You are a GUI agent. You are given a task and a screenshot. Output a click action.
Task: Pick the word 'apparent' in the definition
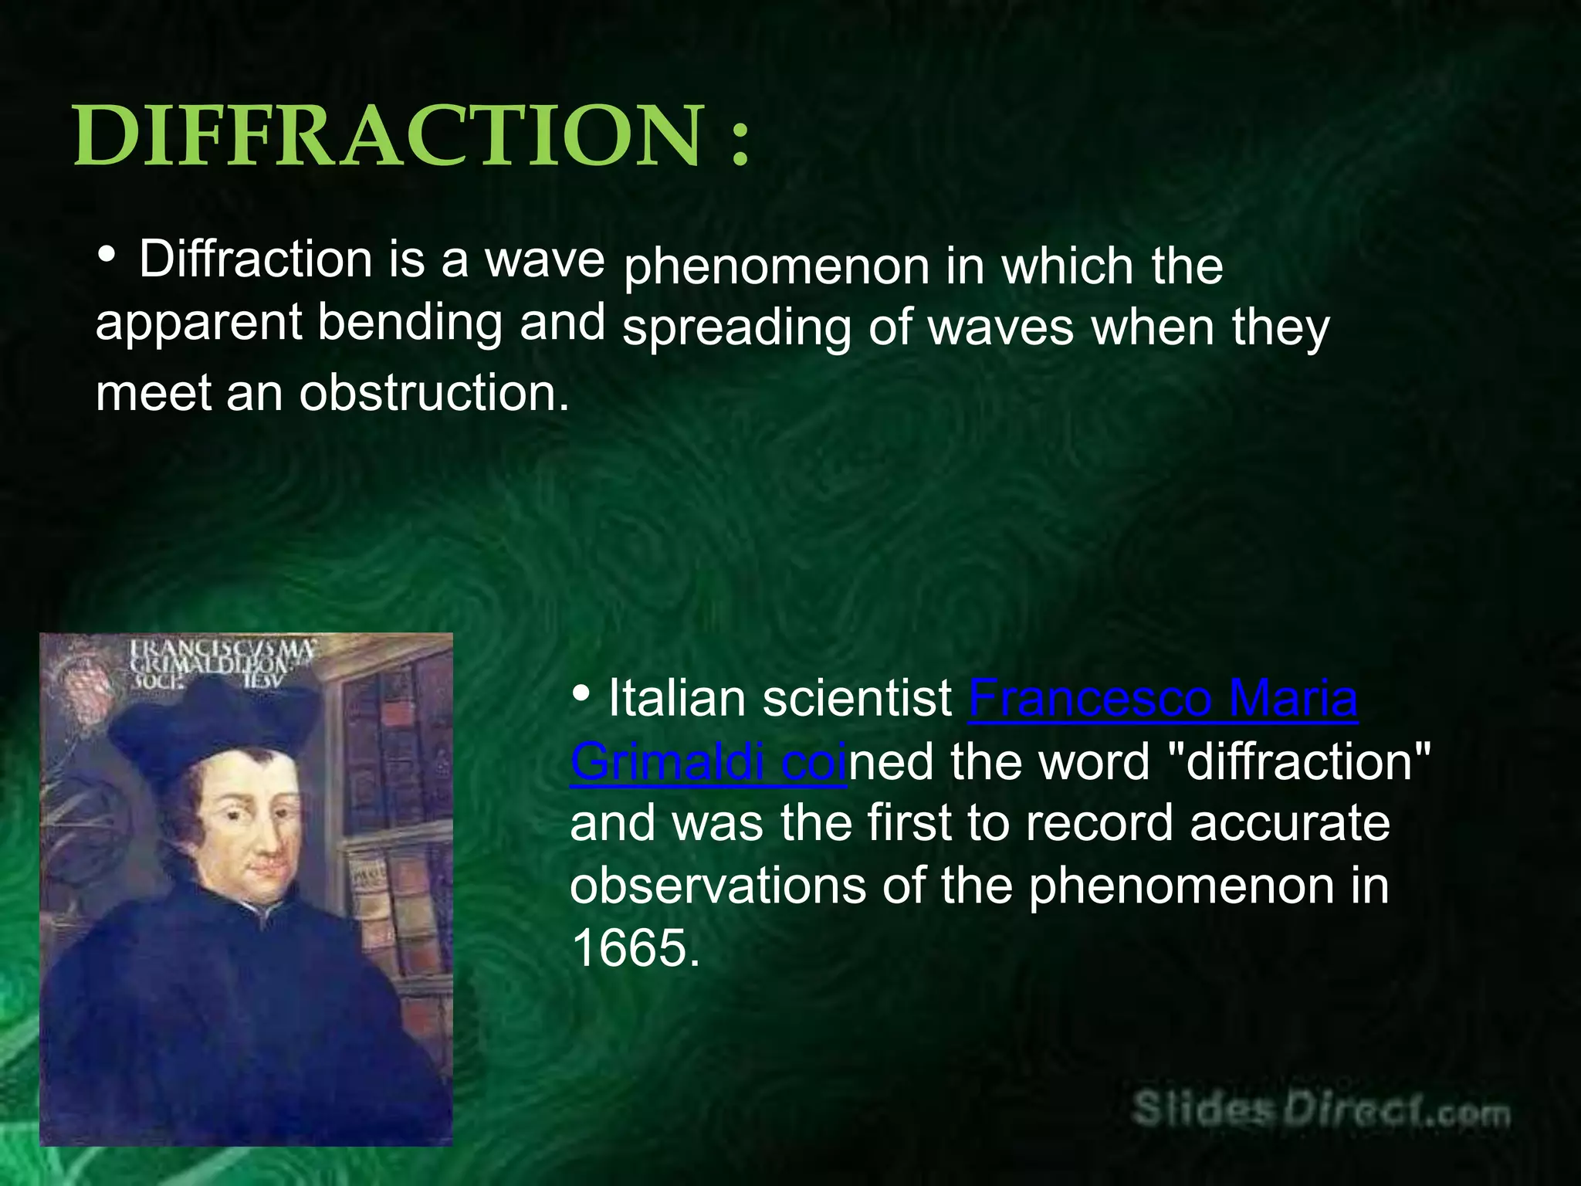pyautogui.click(x=198, y=323)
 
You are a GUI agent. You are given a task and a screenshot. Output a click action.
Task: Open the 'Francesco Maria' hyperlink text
pyautogui.click(x=1163, y=698)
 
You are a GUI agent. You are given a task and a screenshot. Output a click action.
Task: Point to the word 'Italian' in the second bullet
pyautogui.click(x=677, y=698)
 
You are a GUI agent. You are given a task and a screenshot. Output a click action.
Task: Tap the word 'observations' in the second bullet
pyautogui.click(x=718, y=886)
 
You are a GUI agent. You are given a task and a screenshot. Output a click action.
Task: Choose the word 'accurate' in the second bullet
pyautogui.click(x=1289, y=822)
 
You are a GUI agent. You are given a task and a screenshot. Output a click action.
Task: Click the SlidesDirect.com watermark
pyautogui.click(x=1320, y=1112)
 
